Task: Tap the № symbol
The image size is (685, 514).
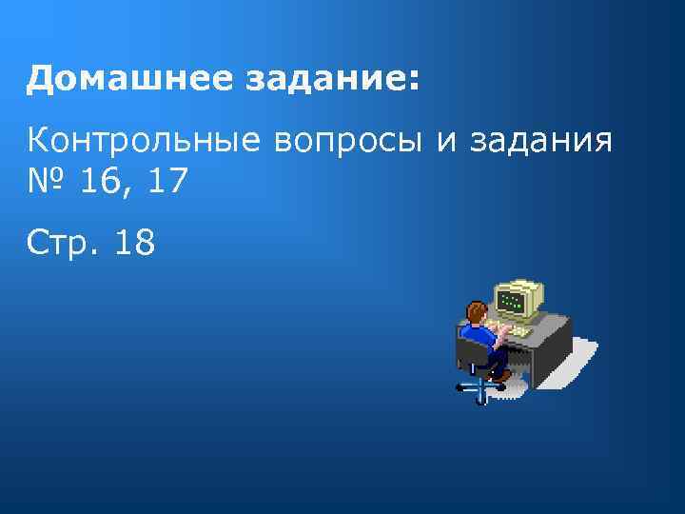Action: click(x=47, y=179)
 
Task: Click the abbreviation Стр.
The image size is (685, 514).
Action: click(x=62, y=243)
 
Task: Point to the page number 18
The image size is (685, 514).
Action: click(x=134, y=243)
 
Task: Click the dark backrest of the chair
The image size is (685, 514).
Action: click(x=465, y=353)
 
